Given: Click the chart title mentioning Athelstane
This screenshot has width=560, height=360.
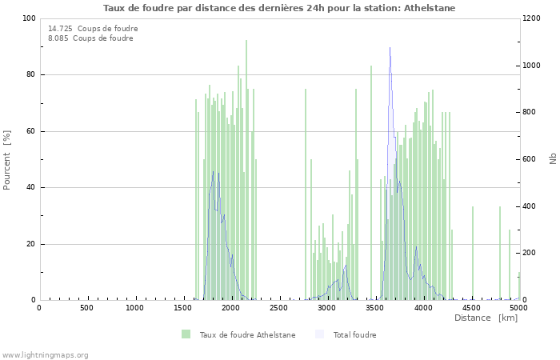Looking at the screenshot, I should click(x=280, y=8).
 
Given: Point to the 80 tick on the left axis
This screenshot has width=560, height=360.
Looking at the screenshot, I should click(x=31, y=75).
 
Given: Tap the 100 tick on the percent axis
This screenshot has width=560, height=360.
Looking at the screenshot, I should click(x=29, y=18).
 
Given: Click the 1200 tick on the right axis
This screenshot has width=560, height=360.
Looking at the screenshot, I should click(x=534, y=18).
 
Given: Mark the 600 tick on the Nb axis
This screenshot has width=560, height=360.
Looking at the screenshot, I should click(x=531, y=159).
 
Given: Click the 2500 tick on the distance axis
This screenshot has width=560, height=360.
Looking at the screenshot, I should click(x=278, y=308).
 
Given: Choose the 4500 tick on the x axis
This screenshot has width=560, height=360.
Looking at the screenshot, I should click(x=470, y=308).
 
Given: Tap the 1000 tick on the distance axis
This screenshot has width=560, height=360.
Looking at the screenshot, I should click(x=134, y=308).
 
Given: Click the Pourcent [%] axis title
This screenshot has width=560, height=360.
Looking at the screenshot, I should click(x=8, y=159).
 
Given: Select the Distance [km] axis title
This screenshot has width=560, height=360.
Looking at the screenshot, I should click(x=486, y=318).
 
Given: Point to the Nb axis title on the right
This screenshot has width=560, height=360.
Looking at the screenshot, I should click(x=552, y=159).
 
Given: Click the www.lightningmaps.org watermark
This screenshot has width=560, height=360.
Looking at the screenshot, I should click(x=45, y=354).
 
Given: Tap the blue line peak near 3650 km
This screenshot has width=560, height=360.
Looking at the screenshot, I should click(x=390, y=50).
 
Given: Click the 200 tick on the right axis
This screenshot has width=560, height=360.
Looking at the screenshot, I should click(x=531, y=254).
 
